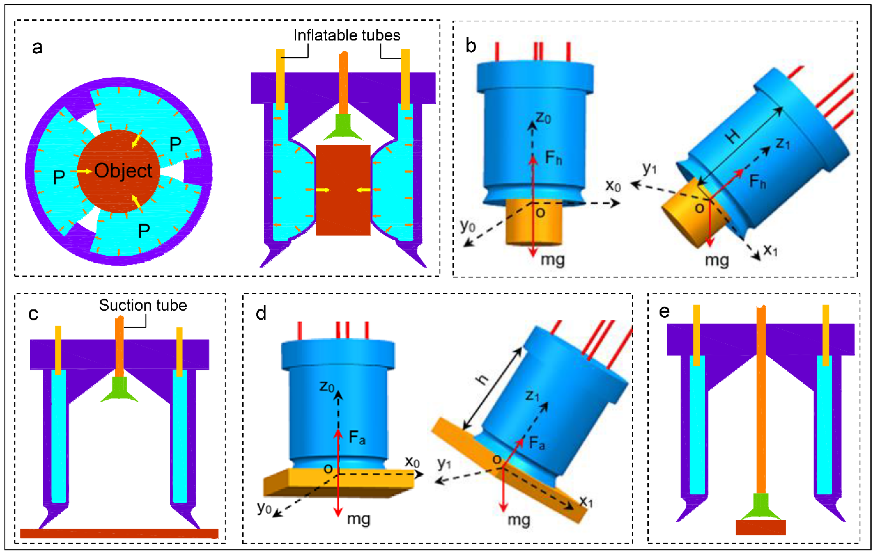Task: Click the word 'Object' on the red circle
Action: coord(123,170)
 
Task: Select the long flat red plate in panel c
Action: coord(119,533)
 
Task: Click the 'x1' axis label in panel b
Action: coord(770,250)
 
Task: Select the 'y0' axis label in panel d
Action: coord(264,507)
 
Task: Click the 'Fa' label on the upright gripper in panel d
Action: coord(357,437)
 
